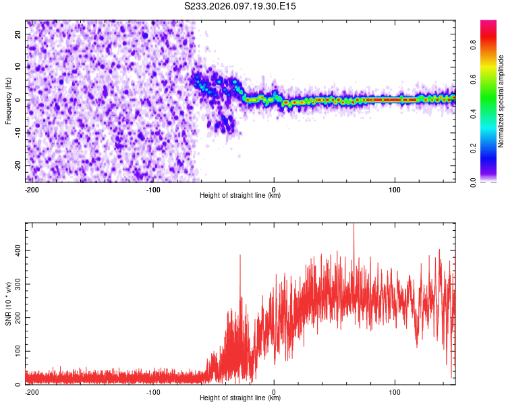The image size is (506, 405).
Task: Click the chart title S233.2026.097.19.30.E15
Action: tap(241, 6)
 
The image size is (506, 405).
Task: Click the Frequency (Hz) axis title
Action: tap(9, 101)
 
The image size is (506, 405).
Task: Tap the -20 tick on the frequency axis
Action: tap(18, 165)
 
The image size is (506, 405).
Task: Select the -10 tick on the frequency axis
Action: tap(18, 133)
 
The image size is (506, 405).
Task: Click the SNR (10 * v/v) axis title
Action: tap(9, 303)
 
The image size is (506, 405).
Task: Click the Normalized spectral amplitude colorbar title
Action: tap(501, 101)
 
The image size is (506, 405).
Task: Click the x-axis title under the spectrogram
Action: tap(240, 196)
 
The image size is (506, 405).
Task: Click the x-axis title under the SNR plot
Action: tap(240, 398)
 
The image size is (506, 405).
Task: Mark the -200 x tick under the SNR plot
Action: tap(31, 391)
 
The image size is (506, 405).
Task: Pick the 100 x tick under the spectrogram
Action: tap(395, 189)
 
